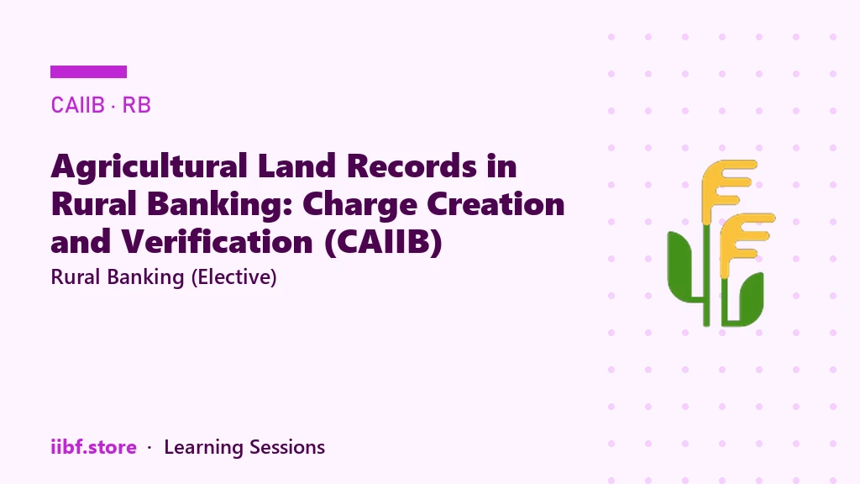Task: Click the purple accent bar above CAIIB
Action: (88, 72)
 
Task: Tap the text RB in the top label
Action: (137, 105)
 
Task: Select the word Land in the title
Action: (296, 166)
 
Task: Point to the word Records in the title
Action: (412, 166)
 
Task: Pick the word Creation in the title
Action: (496, 203)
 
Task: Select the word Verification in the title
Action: (218, 241)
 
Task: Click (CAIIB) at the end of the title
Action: (383, 243)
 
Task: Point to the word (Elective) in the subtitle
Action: (233, 277)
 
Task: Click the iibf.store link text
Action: (94, 447)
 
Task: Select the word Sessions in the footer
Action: (287, 447)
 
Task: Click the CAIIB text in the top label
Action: (77, 105)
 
